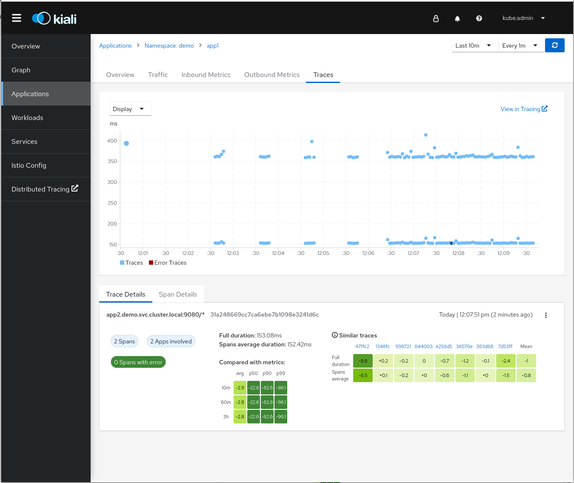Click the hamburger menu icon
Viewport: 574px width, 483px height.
pyautogui.click(x=17, y=18)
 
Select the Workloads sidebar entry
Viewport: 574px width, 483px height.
pyautogui.click(x=27, y=118)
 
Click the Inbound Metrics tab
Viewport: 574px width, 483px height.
pyautogui.click(x=206, y=75)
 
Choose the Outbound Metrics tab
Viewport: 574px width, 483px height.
pyautogui.click(x=272, y=75)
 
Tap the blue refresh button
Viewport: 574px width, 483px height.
pyautogui.click(x=555, y=46)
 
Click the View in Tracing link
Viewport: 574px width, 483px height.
pyautogui.click(x=524, y=109)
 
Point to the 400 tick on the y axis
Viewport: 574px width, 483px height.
pyautogui.click(x=112, y=141)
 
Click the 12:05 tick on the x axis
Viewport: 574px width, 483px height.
pyautogui.click(x=323, y=253)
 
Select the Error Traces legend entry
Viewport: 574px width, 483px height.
pyautogui.click(x=168, y=263)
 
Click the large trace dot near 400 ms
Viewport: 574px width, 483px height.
pyautogui.click(x=126, y=143)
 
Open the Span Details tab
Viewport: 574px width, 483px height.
pyautogui.click(x=178, y=294)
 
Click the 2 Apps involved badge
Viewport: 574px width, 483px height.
pyautogui.click(x=171, y=341)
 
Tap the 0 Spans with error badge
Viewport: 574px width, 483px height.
pyautogui.click(x=138, y=362)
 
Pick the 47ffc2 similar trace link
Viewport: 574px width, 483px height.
pyautogui.click(x=362, y=346)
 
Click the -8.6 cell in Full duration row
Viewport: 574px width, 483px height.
pyautogui.click(x=363, y=361)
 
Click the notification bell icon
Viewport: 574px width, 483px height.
pyautogui.click(x=457, y=18)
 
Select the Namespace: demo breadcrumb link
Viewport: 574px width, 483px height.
pyautogui.click(x=169, y=46)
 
